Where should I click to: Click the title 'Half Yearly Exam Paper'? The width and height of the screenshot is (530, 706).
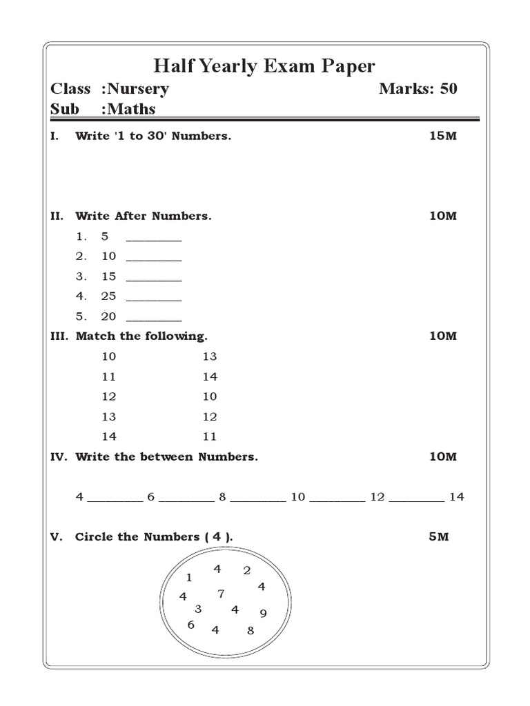click(264, 66)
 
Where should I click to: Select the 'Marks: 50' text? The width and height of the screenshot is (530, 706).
click(418, 89)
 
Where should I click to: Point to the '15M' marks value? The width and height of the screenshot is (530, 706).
click(442, 136)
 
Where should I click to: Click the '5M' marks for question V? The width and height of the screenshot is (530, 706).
click(438, 536)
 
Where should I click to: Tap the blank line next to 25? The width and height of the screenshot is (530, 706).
click(154, 299)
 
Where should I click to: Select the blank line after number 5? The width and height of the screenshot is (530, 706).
click(154, 239)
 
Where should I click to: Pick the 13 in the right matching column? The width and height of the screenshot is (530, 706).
click(210, 356)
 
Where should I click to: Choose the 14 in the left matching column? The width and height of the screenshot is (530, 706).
click(109, 436)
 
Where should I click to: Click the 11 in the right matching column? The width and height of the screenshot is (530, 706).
click(210, 436)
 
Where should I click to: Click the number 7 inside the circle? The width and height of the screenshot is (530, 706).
click(221, 593)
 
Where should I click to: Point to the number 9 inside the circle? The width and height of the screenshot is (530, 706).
click(263, 614)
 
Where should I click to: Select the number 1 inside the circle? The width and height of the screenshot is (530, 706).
click(189, 578)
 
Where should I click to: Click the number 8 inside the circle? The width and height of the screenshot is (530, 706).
click(251, 630)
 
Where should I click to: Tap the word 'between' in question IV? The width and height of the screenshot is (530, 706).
click(171, 456)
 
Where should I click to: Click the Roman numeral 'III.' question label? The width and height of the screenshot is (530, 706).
click(59, 336)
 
